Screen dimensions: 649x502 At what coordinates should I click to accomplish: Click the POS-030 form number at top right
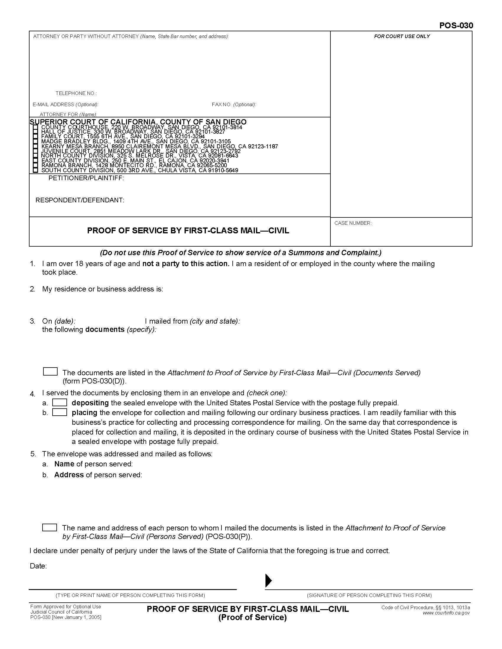(x=456, y=26)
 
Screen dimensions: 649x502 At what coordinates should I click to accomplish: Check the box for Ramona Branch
(x=36, y=165)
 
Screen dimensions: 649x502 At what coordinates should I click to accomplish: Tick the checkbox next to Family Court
(x=36, y=136)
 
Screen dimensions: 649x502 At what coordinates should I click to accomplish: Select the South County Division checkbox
(x=36, y=170)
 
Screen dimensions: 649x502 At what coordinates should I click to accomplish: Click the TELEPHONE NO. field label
(x=76, y=93)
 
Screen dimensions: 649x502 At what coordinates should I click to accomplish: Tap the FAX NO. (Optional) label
(x=234, y=105)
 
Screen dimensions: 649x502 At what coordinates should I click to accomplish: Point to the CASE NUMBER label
(x=353, y=223)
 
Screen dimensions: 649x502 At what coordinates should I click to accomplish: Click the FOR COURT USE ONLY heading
(x=402, y=36)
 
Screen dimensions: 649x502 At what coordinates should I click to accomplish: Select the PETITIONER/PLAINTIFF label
(x=86, y=178)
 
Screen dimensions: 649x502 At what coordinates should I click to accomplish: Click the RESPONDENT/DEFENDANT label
(x=80, y=200)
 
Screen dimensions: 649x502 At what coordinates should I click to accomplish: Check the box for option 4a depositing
(x=59, y=403)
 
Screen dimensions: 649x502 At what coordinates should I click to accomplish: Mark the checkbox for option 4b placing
(x=59, y=412)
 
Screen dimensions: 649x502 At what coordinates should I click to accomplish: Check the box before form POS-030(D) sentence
(x=50, y=371)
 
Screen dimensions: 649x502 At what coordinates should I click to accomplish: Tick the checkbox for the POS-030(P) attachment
(x=50, y=527)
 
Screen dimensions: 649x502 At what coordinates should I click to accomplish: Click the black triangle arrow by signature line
(x=268, y=580)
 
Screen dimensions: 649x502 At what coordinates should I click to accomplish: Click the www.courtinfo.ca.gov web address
(x=446, y=613)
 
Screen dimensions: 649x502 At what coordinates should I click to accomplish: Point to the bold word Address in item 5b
(x=69, y=475)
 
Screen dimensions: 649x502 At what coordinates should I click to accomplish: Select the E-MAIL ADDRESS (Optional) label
(x=66, y=105)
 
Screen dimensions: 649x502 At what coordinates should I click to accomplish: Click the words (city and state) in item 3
(x=215, y=321)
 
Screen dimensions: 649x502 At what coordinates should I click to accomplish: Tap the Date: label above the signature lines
(x=38, y=566)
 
